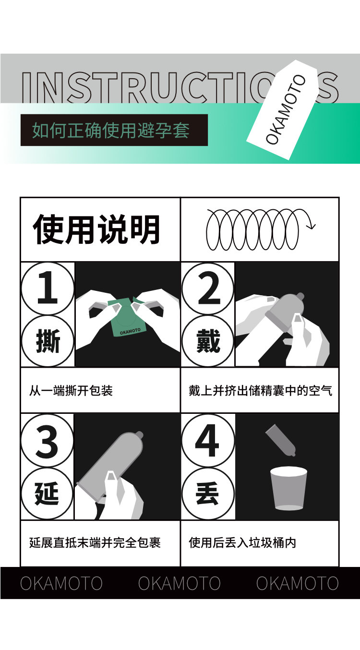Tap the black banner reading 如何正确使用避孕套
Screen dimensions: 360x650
point(114,130)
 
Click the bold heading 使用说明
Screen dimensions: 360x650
point(96,229)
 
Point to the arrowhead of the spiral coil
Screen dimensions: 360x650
point(312,226)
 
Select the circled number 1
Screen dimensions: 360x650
point(48,288)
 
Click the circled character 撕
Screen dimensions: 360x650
point(48,341)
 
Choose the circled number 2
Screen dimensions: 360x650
point(208,288)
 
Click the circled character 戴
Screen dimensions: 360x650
point(208,341)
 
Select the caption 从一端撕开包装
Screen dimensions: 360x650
point(71,391)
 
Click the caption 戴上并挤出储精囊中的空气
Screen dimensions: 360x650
point(260,391)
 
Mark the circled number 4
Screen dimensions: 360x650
point(208,441)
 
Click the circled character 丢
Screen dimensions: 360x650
point(208,494)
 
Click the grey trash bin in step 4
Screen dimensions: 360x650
point(288,488)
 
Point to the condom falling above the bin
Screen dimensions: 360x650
point(280,440)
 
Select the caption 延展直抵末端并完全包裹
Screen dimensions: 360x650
point(95,542)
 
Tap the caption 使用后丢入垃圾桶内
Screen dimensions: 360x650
point(242,542)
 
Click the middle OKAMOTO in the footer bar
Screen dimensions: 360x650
point(179,583)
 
